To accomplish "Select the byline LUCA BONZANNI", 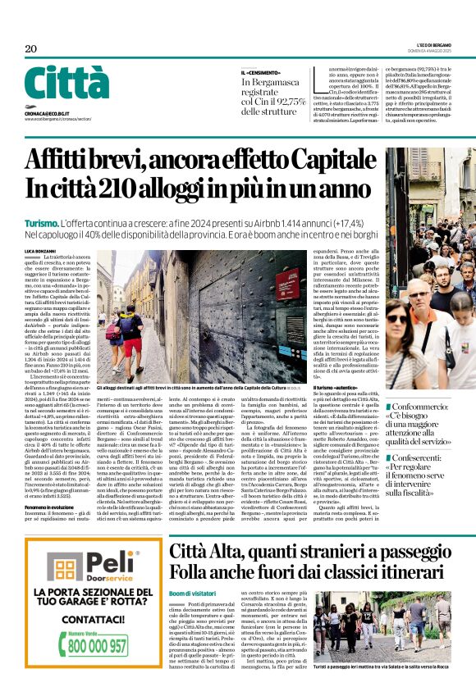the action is pyautogui.click(x=42, y=250).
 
